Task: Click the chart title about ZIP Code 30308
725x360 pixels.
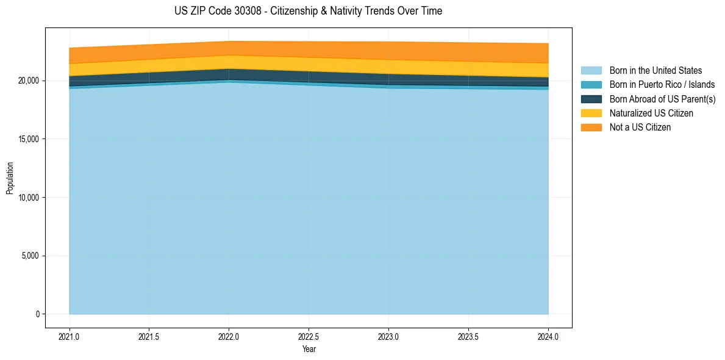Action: point(308,11)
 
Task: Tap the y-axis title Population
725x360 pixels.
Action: point(10,178)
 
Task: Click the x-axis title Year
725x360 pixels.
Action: point(309,349)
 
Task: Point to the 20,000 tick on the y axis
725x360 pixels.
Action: point(29,81)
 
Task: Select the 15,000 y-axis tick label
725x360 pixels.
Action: point(29,139)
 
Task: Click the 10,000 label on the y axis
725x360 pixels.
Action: point(29,198)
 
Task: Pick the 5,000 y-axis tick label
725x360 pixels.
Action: point(30,256)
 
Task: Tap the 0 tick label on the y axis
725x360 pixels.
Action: point(37,314)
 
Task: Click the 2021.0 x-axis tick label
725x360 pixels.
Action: point(70,336)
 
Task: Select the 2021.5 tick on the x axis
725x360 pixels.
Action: point(149,336)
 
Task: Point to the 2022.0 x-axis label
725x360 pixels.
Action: point(229,336)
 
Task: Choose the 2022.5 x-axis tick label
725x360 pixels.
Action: point(309,336)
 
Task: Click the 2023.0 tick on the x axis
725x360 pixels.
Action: point(388,336)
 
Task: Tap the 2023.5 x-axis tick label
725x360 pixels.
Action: point(468,336)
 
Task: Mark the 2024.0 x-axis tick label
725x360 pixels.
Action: point(548,336)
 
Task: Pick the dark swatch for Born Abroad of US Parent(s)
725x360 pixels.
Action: point(591,99)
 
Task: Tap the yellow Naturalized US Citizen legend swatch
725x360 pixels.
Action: point(591,113)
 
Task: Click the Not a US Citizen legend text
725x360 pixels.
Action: point(640,127)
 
